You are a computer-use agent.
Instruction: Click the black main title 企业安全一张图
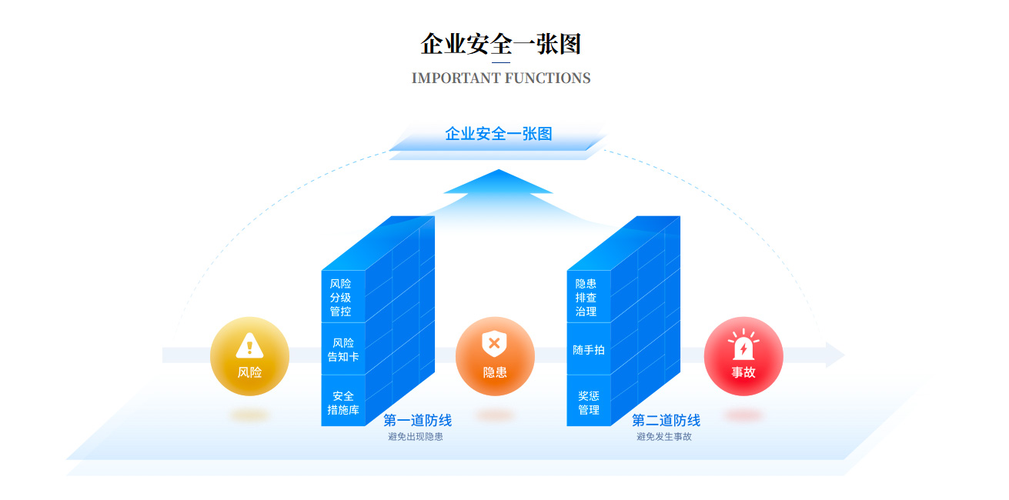click(x=500, y=44)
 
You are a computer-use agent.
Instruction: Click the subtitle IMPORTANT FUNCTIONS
click(x=501, y=78)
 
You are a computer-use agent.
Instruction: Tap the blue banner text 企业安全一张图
click(x=499, y=134)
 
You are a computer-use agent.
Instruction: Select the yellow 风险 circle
click(x=249, y=356)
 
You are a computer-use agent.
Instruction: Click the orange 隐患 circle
click(x=495, y=356)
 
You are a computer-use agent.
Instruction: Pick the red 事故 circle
click(x=743, y=356)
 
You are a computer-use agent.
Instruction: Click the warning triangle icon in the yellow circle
click(x=249, y=345)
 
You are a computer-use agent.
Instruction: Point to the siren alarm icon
click(x=743, y=345)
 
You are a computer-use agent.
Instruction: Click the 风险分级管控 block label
click(x=340, y=298)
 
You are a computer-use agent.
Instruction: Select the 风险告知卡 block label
click(x=343, y=350)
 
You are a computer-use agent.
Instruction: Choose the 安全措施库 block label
click(x=343, y=403)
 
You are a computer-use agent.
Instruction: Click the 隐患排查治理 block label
click(x=586, y=298)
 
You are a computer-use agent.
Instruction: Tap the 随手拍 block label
click(x=589, y=350)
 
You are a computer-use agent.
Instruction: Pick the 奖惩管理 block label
click(x=589, y=403)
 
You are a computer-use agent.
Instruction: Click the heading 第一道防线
click(x=418, y=420)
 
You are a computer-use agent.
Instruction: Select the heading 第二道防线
click(x=667, y=420)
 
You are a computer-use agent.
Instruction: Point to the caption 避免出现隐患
click(x=416, y=437)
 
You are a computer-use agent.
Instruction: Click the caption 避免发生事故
click(x=664, y=437)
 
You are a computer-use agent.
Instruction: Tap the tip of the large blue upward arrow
click(x=499, y=170)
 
